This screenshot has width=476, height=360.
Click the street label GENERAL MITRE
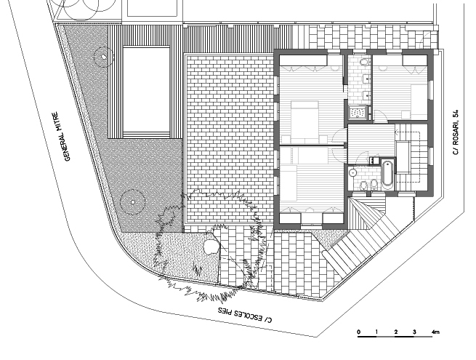61,137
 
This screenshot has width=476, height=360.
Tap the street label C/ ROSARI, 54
456,132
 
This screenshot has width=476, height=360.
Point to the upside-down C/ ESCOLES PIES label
246,315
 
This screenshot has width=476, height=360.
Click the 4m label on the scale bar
435,332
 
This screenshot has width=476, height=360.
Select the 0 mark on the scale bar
359,332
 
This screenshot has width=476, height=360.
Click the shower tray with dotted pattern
358,113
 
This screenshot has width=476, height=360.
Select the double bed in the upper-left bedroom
304,121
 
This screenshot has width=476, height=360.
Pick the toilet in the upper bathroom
363,63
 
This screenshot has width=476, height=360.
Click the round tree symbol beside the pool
104,57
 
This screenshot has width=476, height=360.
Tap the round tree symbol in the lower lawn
132,201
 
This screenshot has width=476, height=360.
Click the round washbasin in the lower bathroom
353,172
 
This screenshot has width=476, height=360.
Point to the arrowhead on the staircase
396,132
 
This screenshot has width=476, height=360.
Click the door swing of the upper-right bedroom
379,116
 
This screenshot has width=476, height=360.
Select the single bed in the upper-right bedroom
419,102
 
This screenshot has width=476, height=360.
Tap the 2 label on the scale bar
396,332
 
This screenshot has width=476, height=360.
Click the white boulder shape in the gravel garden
211,246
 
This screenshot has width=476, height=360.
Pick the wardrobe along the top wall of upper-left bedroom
303,60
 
